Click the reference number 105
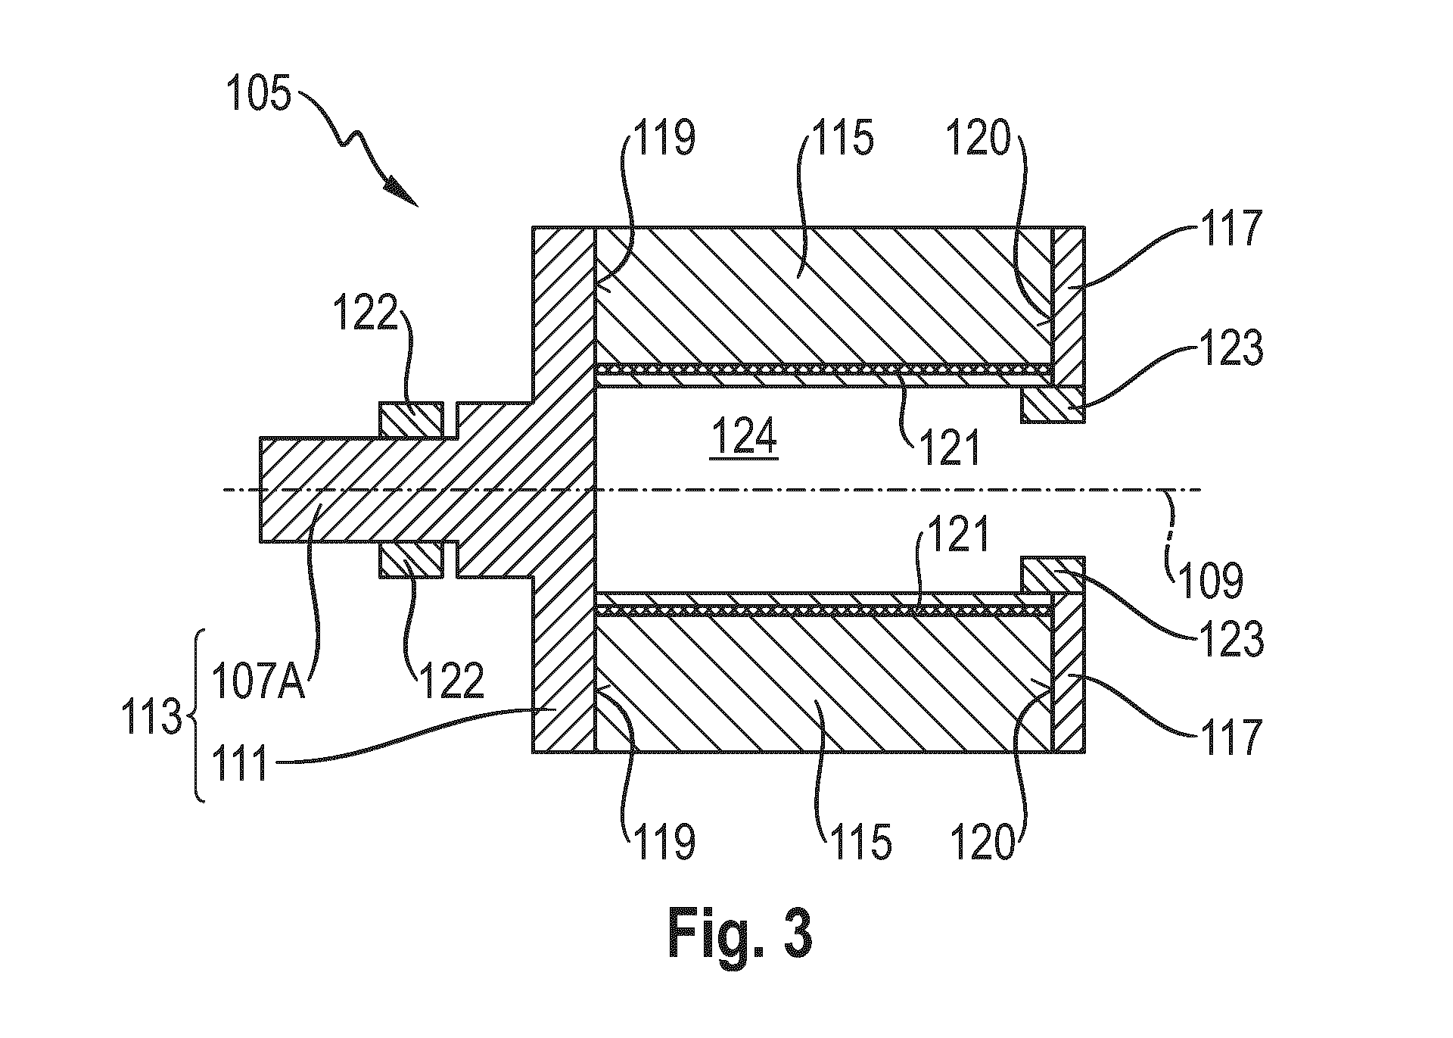(x=257, y=96)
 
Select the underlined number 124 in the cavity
(x=744, y=438)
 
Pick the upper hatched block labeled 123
(x=1053, y=406)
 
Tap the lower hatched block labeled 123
(x=1053, y=575)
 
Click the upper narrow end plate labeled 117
(x=1069, y=306)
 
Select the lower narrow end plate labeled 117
(x=1069, y=674)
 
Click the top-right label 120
(x=977, y=139)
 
